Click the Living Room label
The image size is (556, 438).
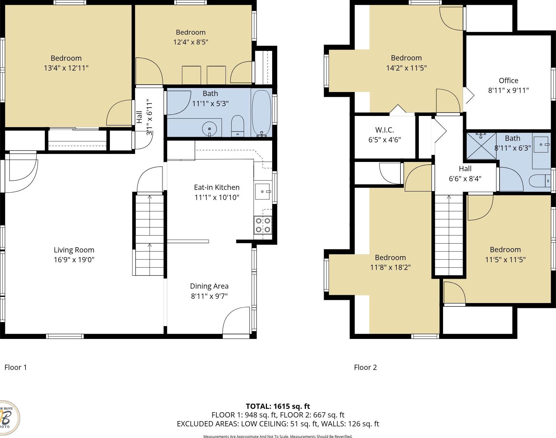coord(74,250)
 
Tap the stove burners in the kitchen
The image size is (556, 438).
coord(263,225)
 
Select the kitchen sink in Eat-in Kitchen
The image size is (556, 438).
coord(262,191)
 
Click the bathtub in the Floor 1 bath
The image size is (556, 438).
coord(261,113)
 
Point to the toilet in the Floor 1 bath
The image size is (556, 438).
coord(237,126)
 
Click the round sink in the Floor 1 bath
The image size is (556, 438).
coord(210,128)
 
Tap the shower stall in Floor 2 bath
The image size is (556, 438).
coord(481,146)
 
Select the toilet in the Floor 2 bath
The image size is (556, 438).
coord(539,181)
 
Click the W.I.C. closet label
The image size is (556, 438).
coord(384,130)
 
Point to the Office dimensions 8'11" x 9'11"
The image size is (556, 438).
coord(508,90)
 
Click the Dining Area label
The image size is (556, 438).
coord(209,286)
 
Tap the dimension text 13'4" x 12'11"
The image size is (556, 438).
coord(66,68)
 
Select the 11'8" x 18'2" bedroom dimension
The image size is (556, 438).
coord(390,267)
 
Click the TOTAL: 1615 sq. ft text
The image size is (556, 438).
coord(278,406)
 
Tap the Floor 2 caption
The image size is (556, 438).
coord(365,367)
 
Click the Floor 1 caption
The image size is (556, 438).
coord(16,367)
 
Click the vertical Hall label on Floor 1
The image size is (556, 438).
coord(139,117)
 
